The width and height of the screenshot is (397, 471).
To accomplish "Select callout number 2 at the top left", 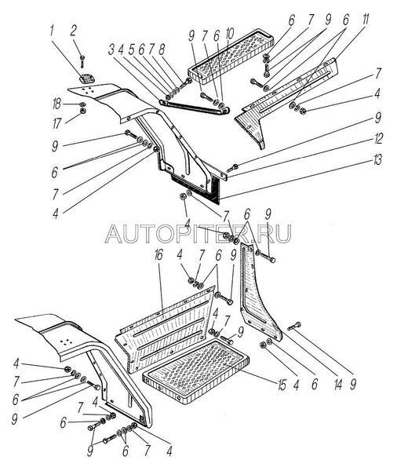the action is tap(73, 31).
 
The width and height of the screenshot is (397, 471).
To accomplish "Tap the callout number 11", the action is tap(366, 20).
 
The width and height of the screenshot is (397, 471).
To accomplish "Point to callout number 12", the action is tap(378, 139).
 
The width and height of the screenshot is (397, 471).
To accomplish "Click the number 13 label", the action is tap(377, 160).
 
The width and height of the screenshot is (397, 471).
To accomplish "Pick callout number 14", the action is tap(338, 384).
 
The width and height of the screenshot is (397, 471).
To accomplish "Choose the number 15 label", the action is tap(282, 385).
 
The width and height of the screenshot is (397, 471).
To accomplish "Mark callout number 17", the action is tap(56, 123).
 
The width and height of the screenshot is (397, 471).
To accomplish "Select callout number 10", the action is tap(229, 35).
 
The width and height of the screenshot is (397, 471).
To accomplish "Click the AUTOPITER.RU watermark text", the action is tap(198, 233).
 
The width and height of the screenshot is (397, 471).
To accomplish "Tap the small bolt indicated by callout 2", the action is tap(82, 60).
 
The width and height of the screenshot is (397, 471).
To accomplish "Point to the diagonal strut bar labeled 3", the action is tap(195, 108).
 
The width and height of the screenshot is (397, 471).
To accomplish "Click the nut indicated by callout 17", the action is tap(82, 111).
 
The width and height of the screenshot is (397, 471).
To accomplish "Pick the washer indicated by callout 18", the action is tap(82, 104).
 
